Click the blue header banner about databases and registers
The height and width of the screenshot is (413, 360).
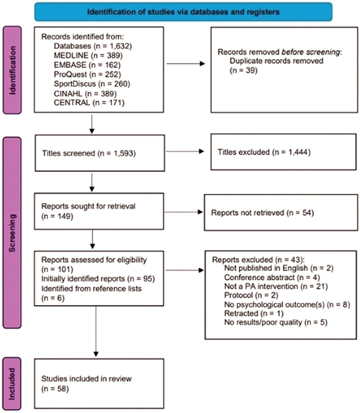coord(183,12)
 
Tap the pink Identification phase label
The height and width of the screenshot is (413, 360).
coord(12,70)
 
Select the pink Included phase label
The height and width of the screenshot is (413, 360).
coord(12,383)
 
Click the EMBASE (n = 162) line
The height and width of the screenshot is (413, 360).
coord(87,65)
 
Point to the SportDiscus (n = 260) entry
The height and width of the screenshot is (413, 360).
coord(92,84)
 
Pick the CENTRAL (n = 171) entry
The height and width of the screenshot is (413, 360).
coord(89,102)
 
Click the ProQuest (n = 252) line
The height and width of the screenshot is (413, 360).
coord(87,74)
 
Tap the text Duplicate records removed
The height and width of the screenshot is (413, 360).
coord(276,61)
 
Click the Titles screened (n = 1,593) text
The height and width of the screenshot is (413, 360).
coord(89,153)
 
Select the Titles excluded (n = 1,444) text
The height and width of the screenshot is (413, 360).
coord(264,152)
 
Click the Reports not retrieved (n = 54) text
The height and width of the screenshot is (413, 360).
coord(262,213)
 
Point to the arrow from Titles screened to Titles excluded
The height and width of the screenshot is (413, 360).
coord(185,151)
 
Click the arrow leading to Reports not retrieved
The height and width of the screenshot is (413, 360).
coord(183,212)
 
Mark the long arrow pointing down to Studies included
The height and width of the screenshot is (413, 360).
coord(96,332)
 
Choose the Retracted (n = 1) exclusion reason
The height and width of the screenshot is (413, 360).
coord(254,313)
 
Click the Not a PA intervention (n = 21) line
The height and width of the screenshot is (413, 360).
coord(276,286)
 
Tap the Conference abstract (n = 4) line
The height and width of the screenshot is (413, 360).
coord(272,277)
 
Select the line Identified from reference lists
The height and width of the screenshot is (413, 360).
coord(91,288)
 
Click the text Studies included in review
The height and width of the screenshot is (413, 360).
coord(87,379)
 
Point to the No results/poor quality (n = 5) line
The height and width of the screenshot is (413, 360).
coord(276,322)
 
